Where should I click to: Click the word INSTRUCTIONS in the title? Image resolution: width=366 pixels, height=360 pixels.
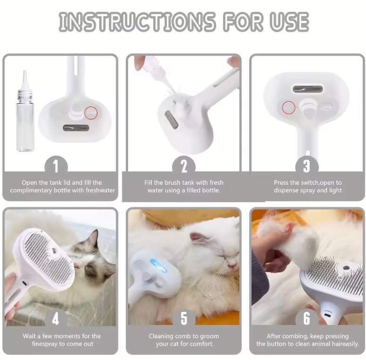click(x=137, y=22)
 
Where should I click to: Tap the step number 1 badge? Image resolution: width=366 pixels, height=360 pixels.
click(x=56, y=166)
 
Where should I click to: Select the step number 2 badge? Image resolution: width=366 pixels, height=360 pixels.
click(x=184, y=166)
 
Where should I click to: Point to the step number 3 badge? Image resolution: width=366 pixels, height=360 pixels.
click(x=307, y=166)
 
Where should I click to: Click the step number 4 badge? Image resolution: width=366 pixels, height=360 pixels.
click(x=55, y=318)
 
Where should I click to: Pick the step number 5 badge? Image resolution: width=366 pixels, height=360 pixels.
click(x=184, y=318)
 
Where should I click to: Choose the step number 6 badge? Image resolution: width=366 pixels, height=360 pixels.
click(x=307, y=318)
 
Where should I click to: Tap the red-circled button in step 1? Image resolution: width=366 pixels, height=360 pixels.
click(x=91, y=113)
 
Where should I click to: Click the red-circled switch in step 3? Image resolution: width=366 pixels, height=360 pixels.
click(x=288, y=108)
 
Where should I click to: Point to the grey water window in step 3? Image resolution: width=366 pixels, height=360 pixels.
click(x=308, y=89)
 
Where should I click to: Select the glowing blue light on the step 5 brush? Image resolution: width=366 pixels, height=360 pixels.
click(x=158, y=266)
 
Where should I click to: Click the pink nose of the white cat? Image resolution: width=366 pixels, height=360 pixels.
click(x=232, y=266)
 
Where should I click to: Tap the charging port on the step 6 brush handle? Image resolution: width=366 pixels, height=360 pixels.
click(x=327, y=315)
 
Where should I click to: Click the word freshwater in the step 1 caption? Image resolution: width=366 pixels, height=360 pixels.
click(x=100, y=190)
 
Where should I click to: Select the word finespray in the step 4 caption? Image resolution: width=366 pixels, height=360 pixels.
click(x=45, y=344)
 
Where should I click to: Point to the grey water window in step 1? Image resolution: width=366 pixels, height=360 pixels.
click(x=76, y=128)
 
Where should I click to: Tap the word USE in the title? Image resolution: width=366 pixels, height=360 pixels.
click(x=289, y=22)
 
